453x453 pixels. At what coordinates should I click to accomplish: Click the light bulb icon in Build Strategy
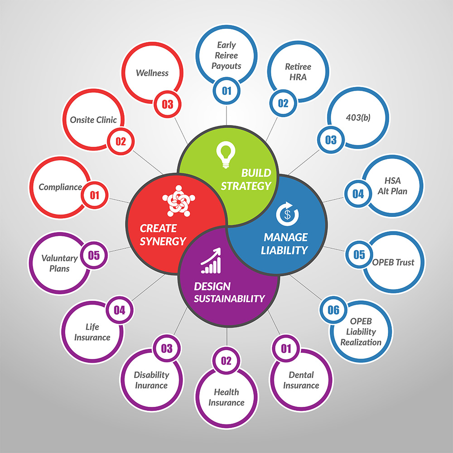pos(226,154)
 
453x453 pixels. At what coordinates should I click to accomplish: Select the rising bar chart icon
pos(211,260)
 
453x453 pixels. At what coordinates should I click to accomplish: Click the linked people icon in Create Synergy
pos(178,201)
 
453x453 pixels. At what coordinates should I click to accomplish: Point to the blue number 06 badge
pos(333,310)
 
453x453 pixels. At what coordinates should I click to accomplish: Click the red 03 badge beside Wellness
pos(168,104)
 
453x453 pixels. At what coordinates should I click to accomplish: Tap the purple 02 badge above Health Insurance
pos(226,361)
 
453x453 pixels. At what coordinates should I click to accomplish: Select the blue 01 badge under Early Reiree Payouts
pos(226,91)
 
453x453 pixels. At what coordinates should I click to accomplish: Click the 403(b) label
pos(358,117)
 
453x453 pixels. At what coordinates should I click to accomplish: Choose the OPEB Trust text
pos(393,262)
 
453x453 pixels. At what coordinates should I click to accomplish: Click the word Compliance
pos(60,187)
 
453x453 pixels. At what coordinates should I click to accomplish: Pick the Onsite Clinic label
pos(93,120)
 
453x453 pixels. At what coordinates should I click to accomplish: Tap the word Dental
pos(301,375)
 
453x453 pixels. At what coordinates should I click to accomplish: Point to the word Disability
pos(151,375)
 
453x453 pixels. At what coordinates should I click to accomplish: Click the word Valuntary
pos(59,258)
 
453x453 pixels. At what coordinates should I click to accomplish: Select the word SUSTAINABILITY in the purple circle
pos(229,299)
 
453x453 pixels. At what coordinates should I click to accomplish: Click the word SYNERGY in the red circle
pos(163,241)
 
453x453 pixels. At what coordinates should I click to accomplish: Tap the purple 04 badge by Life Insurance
pos(120,310)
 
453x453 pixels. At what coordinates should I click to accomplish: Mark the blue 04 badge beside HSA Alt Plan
pos(358,194)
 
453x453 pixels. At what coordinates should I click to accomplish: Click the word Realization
pos(361,342)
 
